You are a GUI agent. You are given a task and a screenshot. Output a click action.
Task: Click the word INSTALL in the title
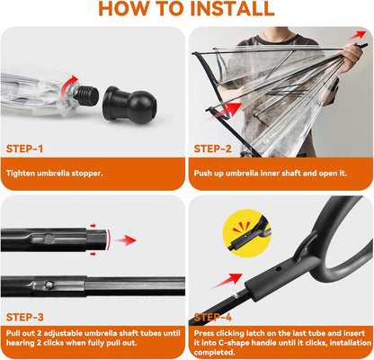232,8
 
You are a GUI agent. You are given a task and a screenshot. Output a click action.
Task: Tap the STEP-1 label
24,148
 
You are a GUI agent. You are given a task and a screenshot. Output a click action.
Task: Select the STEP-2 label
213,148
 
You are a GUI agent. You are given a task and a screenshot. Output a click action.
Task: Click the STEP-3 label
25,317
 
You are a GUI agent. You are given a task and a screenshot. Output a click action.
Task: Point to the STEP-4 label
213,317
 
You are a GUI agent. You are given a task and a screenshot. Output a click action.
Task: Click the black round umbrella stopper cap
129,105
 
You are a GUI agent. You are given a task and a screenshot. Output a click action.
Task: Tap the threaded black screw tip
86,94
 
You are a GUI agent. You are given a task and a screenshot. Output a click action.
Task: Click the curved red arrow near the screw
68,84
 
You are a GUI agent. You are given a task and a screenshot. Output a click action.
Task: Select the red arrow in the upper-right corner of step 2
358,35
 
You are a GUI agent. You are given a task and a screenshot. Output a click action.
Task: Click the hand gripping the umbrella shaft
352,58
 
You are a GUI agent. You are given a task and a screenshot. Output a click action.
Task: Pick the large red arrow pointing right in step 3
125,240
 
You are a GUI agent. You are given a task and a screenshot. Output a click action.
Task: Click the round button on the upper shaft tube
49,238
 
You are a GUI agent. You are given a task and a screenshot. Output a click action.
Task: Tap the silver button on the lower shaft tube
49,284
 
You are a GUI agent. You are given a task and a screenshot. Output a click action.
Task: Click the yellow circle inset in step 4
247,233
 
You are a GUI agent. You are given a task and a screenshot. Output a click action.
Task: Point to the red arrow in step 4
227,281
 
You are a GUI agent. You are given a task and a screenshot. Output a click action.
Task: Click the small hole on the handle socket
278,268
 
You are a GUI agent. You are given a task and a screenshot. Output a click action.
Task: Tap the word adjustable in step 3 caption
63,333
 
